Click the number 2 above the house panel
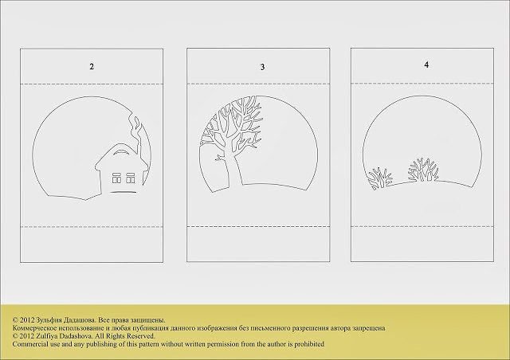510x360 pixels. click(x=92, y=67)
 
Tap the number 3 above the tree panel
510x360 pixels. click(x=262, y=67)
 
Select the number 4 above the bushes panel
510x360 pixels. click(x=426, y=65)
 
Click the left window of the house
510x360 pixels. click(x=117, y=178)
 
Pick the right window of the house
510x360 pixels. click(x=131, y=178)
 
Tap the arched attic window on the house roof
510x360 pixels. click(x=120, y=152)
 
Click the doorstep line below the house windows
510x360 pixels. click(x=123, y=192)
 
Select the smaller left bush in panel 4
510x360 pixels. click(x=380, y=178)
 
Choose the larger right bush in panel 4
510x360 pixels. click(x=423, y=170)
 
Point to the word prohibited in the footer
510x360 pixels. click(x=309, y=344)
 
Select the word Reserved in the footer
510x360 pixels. click(x=141, y=336)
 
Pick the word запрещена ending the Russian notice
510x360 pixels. click(x=369, y=328)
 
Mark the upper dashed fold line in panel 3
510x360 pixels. click(x=258, y=84)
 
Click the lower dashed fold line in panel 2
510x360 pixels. click(x=92, y=226)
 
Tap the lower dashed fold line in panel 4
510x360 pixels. click(x=422, y=226)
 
